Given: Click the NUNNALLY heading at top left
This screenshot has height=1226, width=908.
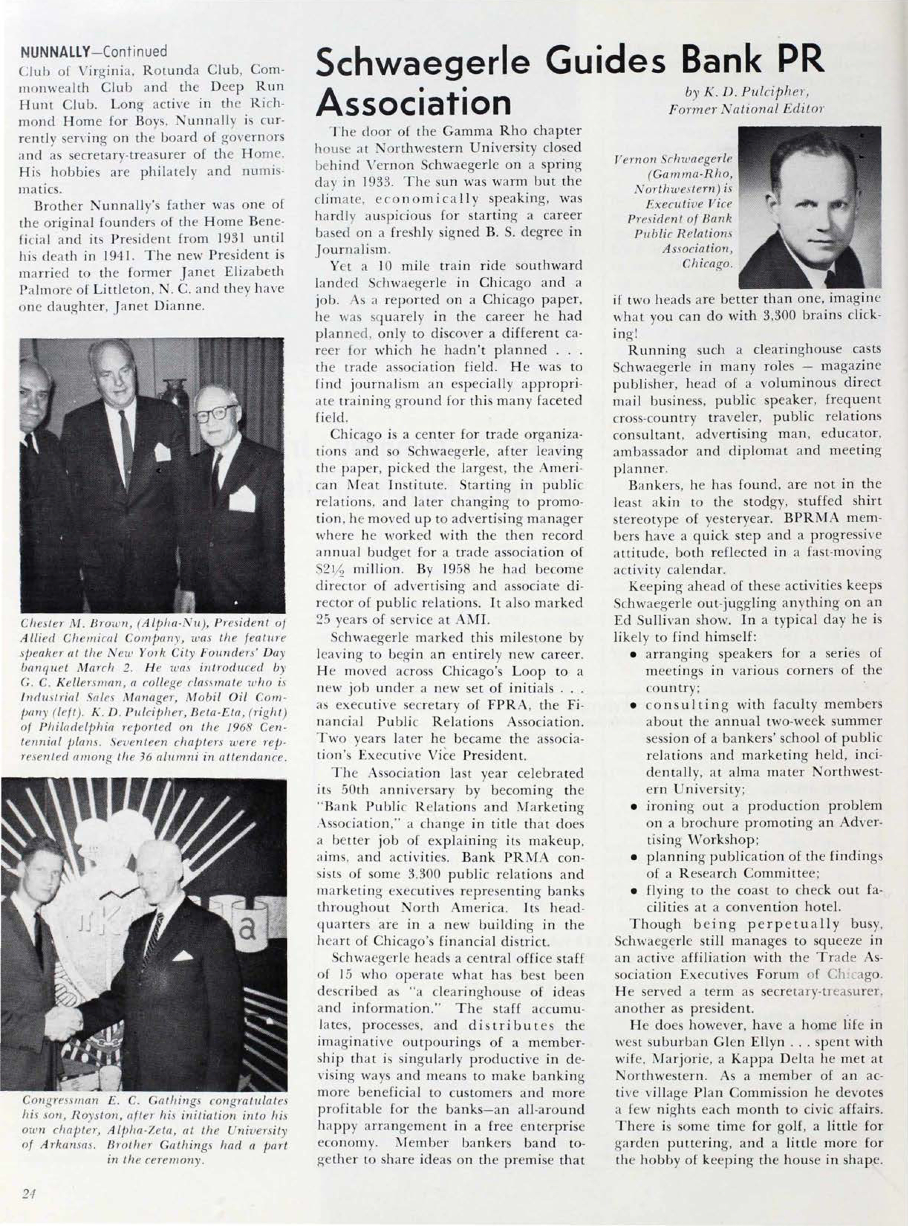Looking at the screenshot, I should tap(55, 52).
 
